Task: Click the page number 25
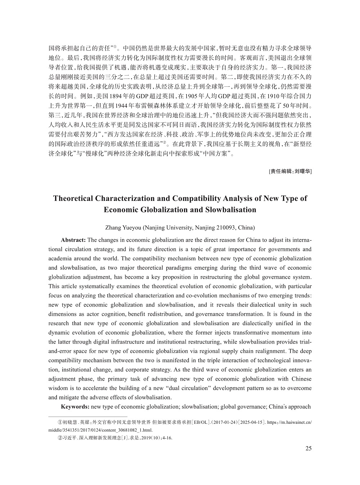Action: (308, 448)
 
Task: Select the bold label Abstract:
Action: (73, 240)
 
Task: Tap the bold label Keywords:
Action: (75, 407)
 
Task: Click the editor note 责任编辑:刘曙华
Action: (290, 171)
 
